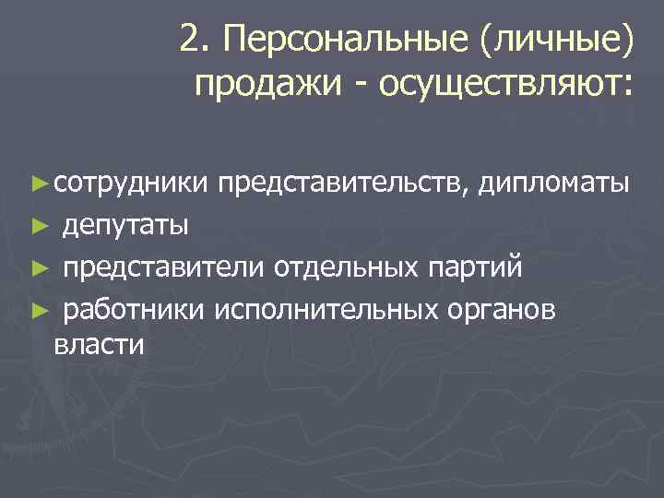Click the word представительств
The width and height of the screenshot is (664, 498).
pos(350,184)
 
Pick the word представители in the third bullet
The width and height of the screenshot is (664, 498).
pos(163,268)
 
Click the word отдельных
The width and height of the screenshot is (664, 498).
pos(347,268)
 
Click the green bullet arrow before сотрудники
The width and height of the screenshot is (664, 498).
pos(38,184)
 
